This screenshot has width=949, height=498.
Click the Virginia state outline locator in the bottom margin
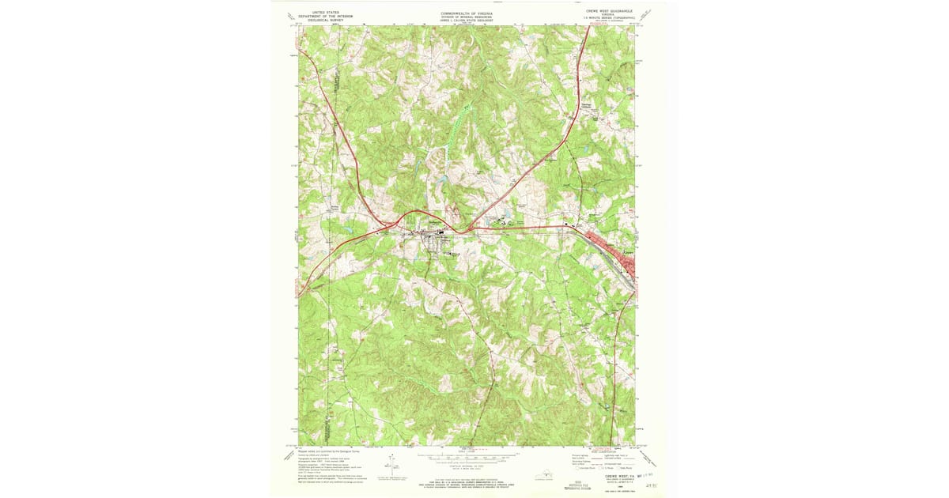click(x=544, y=474)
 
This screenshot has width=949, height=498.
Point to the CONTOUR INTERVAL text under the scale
click(x=467, y=466)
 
